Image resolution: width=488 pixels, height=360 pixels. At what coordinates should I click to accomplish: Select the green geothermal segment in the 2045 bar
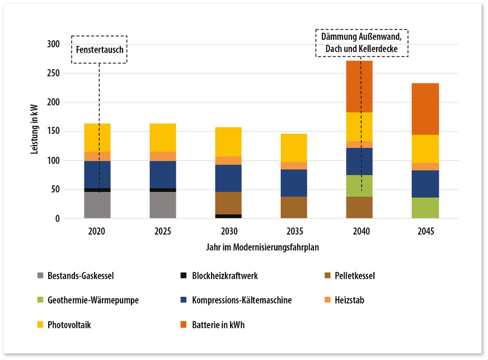click(x=425, y=208)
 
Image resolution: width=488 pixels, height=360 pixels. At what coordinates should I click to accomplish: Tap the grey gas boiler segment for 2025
click(x=162, y=205)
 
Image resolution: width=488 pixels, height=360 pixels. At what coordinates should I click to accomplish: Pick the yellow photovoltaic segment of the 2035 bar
click(x=293, y=148)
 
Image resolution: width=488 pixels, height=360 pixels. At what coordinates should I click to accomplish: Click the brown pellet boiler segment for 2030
click(x=228, y=203)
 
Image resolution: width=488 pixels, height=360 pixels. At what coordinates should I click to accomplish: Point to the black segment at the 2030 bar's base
click(x=228, y=216)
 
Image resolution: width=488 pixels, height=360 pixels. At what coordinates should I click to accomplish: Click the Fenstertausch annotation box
click(x=100, y=49)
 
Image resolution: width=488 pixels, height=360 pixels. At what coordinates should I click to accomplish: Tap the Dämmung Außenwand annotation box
click(x=362, y=43)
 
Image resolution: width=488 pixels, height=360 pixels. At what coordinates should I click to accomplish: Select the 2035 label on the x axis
click(x=293, y=230)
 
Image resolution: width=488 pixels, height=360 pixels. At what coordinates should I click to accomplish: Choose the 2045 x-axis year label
click(x=425, y=230)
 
